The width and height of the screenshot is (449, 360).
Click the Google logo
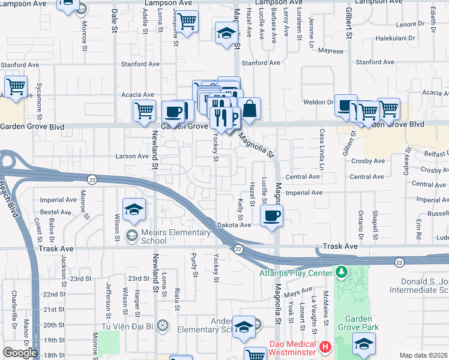[x=20, y=353]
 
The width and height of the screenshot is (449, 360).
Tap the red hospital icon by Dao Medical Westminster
[x=325, y=346]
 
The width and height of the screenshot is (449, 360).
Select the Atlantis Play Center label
[x=295, y=273]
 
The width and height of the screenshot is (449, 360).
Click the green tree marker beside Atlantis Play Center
[x=342, y=273]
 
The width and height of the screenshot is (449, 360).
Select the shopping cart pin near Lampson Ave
[x=188, y=22]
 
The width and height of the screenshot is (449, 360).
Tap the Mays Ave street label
[x=298, y=292]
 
